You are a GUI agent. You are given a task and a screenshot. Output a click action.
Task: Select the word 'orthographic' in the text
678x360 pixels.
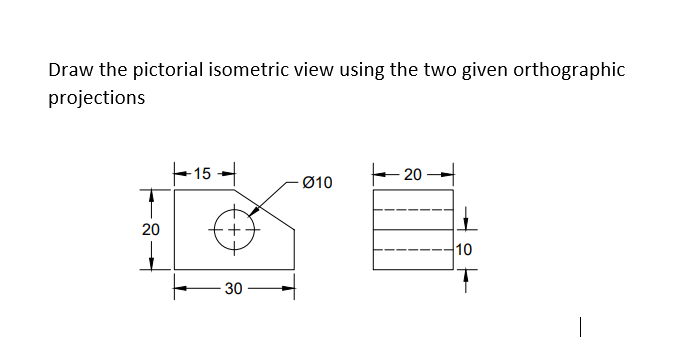pyautogui.click(x=575, y=71)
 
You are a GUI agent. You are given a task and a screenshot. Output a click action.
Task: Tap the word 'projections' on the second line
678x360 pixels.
pyautogui.click(x=96, y=98)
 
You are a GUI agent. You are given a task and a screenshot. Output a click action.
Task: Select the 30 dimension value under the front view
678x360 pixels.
pyautogui.click(x=233, y=289)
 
